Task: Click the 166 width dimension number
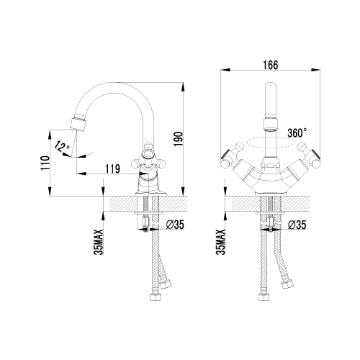pos(271,65)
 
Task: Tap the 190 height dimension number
pos(179,139)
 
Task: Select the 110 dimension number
pos(45,163)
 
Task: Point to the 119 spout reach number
pos(112,169)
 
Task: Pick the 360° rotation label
pos(297,132)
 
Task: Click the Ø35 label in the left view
pos(175,225)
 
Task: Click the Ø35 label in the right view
pos(297,225)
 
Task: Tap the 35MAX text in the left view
pos(99,242)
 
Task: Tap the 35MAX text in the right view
pos(220,242)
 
